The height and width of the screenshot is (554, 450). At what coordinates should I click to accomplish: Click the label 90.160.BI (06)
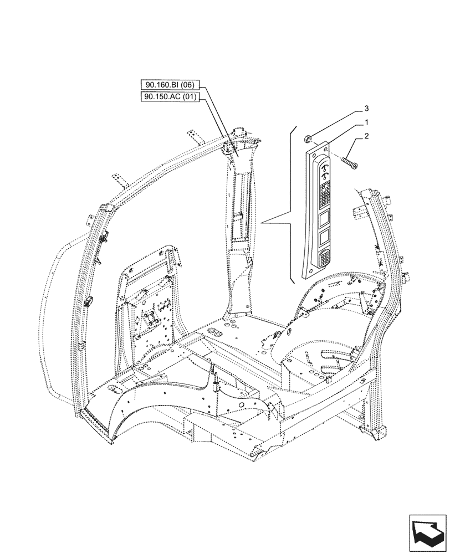point(168,85)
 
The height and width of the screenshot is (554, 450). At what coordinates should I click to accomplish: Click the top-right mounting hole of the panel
point(328,148)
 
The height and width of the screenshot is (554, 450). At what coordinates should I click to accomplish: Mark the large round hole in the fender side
point(242,406)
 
